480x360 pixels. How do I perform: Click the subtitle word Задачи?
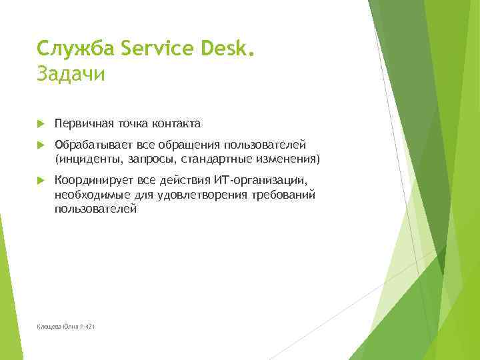(x=71, y=73)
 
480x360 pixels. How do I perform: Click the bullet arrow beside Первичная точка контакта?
(x=41, y=123)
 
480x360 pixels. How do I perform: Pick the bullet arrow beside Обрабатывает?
(x=41, y=145)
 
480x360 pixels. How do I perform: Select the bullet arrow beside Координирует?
(x=41, y=181)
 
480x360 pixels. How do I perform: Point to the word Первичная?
(x=85, y=123)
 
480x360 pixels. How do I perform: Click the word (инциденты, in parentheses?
(x=87, y=159)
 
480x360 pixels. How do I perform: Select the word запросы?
(x=150, y=159)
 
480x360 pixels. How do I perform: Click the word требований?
(x=284, y=195)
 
